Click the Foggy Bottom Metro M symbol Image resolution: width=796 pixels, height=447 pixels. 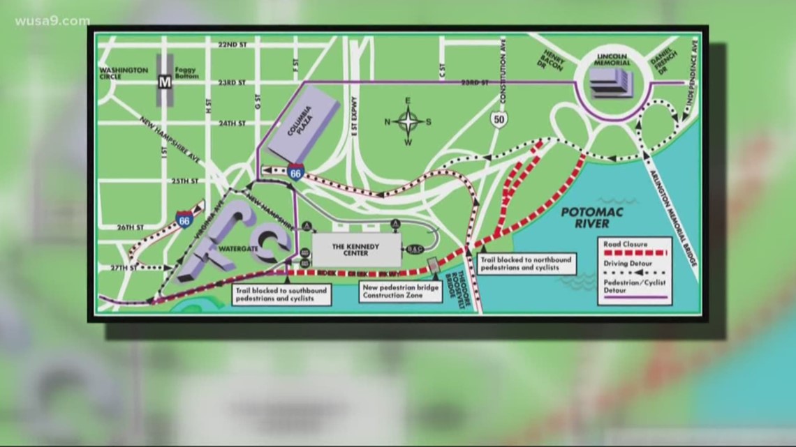[165, 82]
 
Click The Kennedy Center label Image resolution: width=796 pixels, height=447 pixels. [356, 249]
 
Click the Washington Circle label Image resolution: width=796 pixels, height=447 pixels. [124, 74]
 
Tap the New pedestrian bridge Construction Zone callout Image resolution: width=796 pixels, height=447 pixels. [401, 291]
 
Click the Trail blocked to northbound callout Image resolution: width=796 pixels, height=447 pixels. [525, 263]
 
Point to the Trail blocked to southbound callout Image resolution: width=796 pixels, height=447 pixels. [274, 294]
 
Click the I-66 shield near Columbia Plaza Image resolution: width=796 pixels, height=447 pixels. [296, 171]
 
